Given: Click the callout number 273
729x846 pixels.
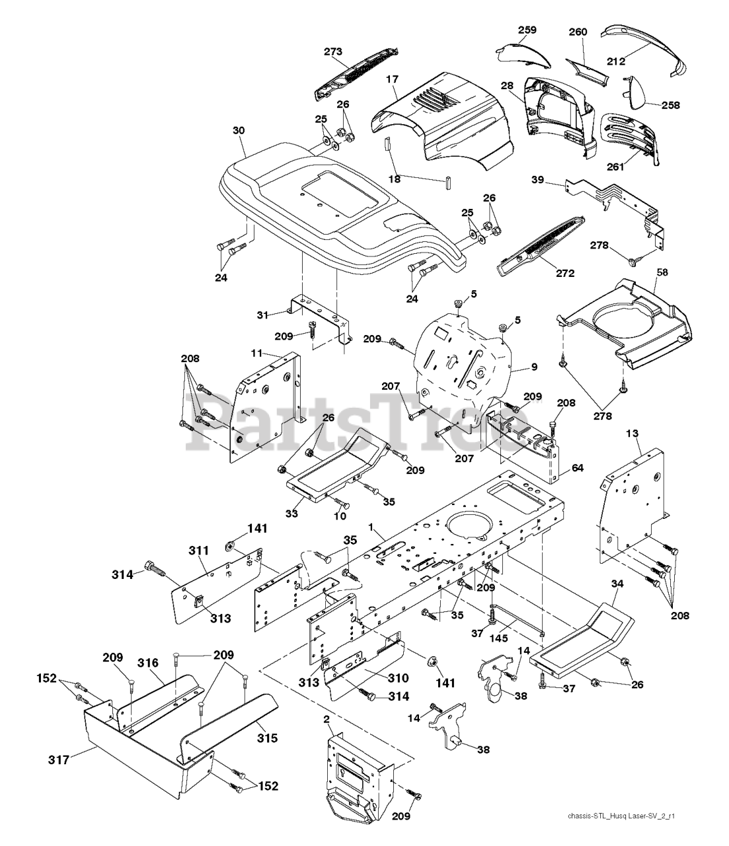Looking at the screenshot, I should pos(334,51).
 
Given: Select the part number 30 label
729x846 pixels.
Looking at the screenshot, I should pos(239,131).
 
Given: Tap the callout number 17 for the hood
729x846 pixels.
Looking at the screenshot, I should pos(393,79).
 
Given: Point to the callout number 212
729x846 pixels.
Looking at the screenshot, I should pos(616,63).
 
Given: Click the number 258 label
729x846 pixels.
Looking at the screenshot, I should pos(670,104).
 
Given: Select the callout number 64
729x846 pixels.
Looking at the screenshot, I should pos(577,468).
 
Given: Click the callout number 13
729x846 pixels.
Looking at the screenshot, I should pos(633,432).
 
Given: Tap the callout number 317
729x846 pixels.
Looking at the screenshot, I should pos(59,761).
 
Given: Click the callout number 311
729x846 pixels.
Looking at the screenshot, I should pos(198,550).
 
